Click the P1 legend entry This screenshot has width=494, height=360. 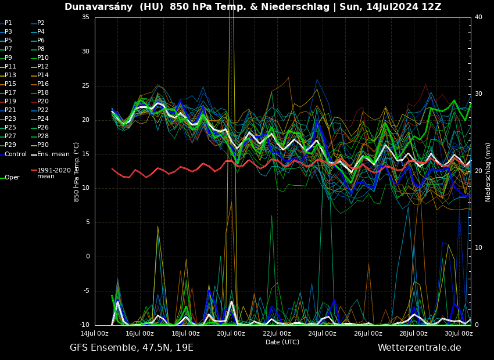click(x=8, y=23)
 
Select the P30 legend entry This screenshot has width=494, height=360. click(x=43, y=145)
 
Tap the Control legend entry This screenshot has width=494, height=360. click(x=15, y=154)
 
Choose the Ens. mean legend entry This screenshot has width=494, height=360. click(x=53, y=154)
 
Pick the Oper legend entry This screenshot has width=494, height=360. click(x=12, y=177)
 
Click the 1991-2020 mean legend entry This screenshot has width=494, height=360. click(x=53, y=173)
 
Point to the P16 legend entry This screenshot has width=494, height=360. click(x=43, y=84)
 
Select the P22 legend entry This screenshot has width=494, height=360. click(x=43, y=110)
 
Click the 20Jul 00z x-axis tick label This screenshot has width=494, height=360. click(x=231, y=333)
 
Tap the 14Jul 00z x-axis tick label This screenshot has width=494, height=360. click(x=94, y=333)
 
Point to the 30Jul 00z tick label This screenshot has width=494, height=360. click(x=459, y=333)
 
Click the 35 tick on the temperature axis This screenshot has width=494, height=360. click(x=85, y=17)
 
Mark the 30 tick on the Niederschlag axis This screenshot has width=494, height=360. click(x=478, y=93)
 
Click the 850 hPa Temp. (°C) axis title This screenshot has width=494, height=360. click(x=77, y=171)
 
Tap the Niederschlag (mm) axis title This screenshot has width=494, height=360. click(x=488, y=172)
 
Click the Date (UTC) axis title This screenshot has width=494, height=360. click(x=282, y=342)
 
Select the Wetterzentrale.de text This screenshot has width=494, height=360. click(x=419, y=348)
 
